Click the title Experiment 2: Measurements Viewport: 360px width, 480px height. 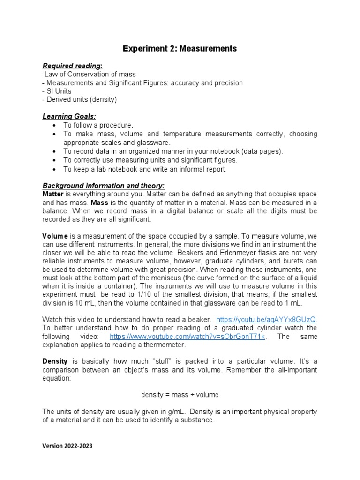point(180,48)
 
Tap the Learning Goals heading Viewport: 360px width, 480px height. point(69,116)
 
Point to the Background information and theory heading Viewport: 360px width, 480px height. point(104,185)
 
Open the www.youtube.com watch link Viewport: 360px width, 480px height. point(187,337)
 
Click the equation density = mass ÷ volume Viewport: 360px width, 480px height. point(180,395)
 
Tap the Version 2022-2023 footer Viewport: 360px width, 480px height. point(67,446)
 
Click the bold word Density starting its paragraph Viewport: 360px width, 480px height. point(55,362)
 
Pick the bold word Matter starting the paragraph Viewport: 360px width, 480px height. point(53,194)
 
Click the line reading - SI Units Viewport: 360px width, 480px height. point(57,91)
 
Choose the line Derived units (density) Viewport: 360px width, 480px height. point(80,99)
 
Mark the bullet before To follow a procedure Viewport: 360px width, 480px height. point(55,125)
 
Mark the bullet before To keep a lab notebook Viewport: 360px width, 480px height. point(55,169)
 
